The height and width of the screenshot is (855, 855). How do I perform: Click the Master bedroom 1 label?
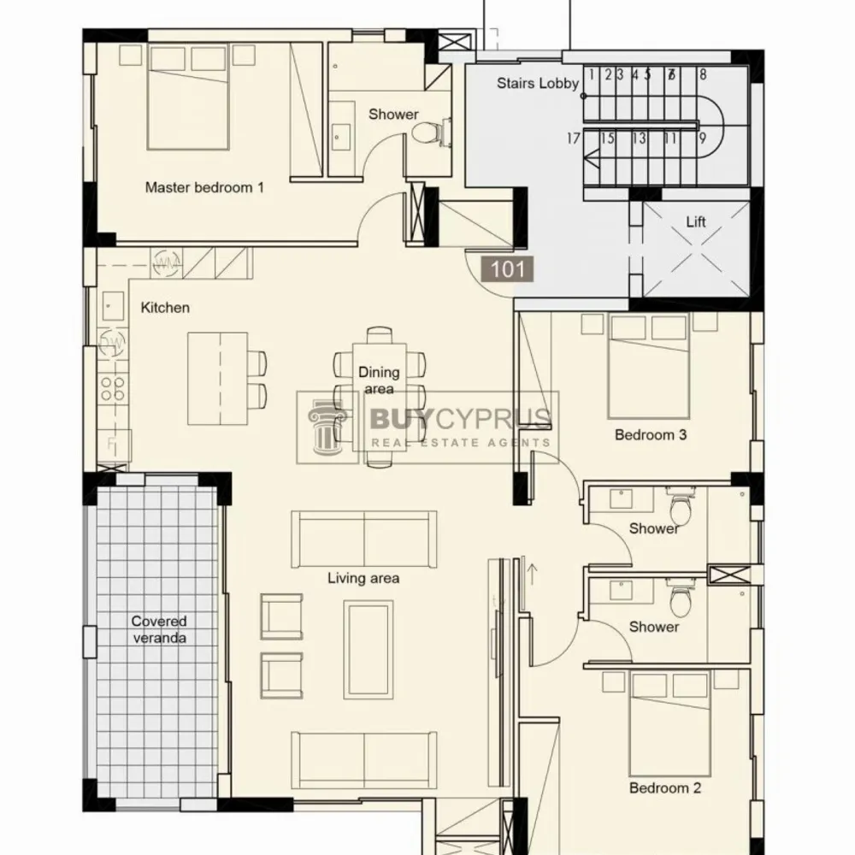pyautogui.click(x=204, y=187)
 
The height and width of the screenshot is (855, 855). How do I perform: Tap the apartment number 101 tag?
pyautogui.click(x=508, y=269)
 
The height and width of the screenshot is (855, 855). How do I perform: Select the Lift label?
pyautogui.click(x=696, y=221)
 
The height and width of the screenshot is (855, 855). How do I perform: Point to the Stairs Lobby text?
pyautogui.click(x=538, y=84)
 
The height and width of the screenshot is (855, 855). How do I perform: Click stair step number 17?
pyautogui.click(x=573, y=139)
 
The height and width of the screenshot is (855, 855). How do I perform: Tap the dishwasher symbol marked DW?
pyautogui.click(x=113, y=343)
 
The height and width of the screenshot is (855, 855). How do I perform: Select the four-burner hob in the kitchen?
pyautogui.click(x=114, y=388)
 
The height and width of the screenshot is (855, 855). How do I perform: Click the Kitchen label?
pyautogui.click(x=165, y=308)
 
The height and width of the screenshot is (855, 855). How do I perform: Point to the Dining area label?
pyautogui.click(x=379, y=380)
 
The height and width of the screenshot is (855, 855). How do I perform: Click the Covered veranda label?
pyautogui.click(x=159, y=629)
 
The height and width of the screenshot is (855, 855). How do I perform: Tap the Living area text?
pyautogui.click(x=363, y=578)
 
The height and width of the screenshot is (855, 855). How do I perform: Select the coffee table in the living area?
pyautogui.click(x=369, y=650)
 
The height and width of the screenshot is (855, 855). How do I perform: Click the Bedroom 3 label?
pyautogui.click(x=651, y=434)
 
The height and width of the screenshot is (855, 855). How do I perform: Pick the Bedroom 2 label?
pyautogui.click(x=664, y=788)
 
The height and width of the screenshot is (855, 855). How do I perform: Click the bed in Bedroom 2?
pyautogui.click(x=669, y=723)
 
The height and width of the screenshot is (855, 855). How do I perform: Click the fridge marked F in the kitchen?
pyautogui.click(x=114, y=445)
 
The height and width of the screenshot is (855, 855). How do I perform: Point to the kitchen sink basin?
pyautogui.click(x=113, y=306)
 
